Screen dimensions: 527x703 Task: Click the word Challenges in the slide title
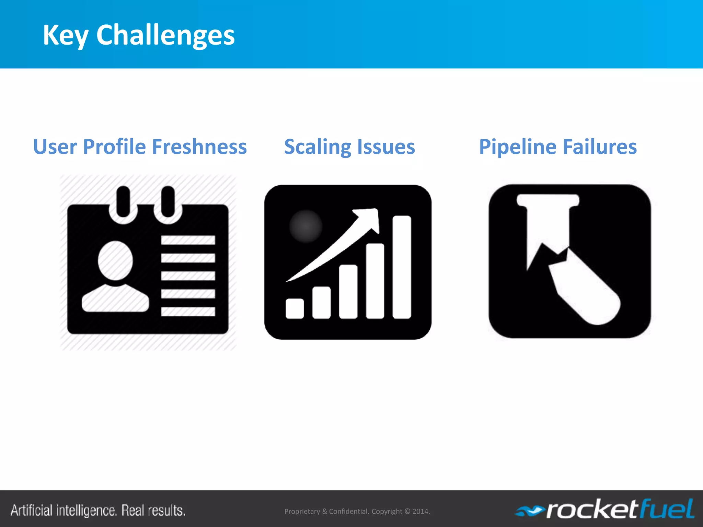tap(165, 35)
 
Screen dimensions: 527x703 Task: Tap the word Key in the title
tap(65, 36)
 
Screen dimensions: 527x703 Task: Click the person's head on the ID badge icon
tap(115, 260)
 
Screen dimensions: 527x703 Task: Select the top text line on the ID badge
tap(188, 240)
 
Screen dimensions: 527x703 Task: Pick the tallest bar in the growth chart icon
tap(402, 267)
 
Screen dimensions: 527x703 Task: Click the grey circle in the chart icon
tap(306, 226)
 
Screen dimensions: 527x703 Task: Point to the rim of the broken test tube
tap(548, 200)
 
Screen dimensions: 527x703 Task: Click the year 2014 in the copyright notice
tap(420, 511)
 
